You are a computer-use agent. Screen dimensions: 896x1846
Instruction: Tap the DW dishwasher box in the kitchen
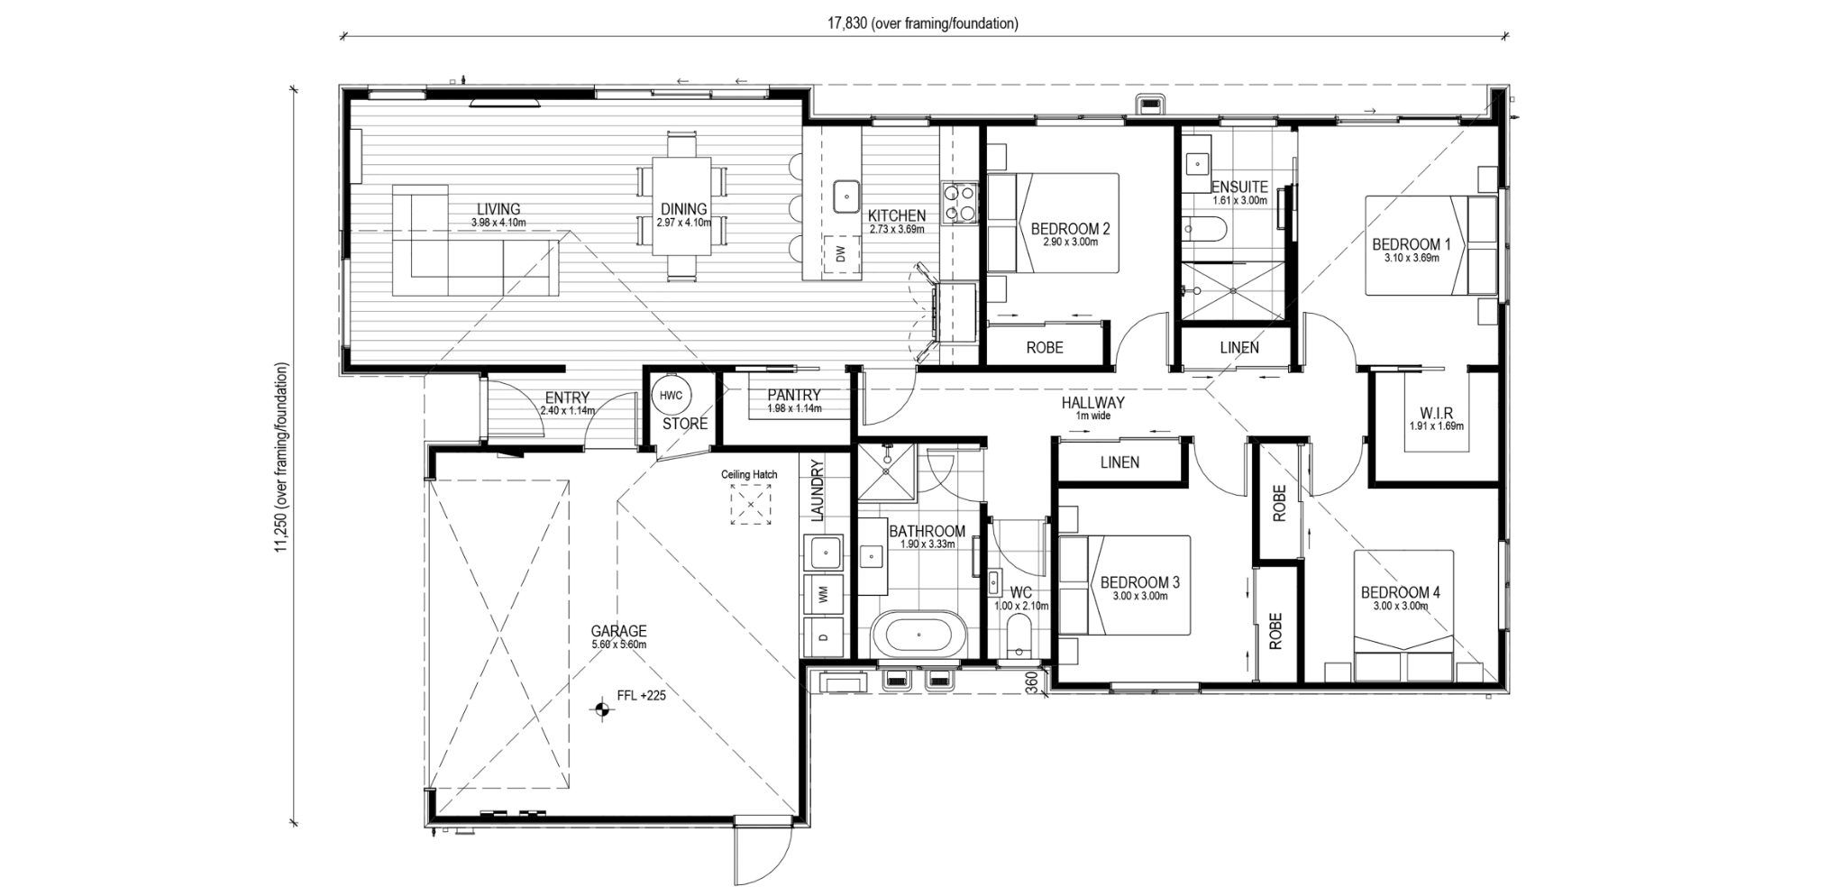pos(841,255)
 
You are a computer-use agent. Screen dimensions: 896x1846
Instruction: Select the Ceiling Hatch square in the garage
pos(750,504)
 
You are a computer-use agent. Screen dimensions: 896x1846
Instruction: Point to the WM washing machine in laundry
pos(822,594)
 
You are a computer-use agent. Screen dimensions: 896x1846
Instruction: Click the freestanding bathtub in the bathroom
pos(920,635)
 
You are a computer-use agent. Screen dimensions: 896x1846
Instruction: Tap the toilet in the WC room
pos(1020,638)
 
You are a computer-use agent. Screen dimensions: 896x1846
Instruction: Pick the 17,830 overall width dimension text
pos(924,24)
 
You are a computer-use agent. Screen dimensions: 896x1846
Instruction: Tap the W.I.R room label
pos(1436,414)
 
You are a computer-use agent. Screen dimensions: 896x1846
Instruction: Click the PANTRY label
pos(793,396)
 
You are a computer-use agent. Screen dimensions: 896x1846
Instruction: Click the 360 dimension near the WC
pos(1031,682)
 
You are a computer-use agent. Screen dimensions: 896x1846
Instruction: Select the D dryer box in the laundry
pos(822,635)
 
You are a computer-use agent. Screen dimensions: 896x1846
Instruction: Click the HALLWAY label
pos(1092,403)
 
